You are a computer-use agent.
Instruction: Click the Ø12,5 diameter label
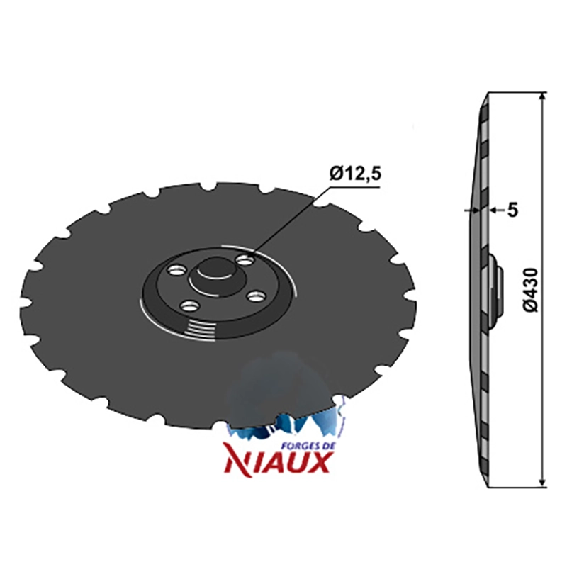pyautogui.click(x=355, y=175)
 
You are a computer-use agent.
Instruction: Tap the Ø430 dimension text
pyautogui.click(x=532, y=289)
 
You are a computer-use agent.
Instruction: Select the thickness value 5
pyautogui.click(x=512, y=210)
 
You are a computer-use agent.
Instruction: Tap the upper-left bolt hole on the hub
pyautogui.click(x=176, y=271)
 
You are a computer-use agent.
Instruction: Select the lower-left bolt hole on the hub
pyautogui.click(x=190, y=307)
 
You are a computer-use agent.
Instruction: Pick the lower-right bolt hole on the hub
pyautogui.click(x=257, y=297)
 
